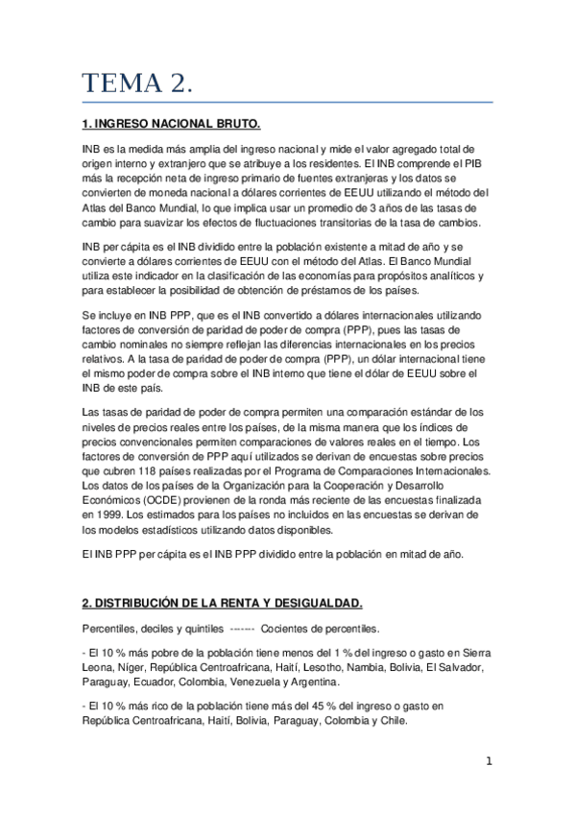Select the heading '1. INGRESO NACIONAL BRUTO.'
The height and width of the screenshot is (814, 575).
click(x=171, y=126)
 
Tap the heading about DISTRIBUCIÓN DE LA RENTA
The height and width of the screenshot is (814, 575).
click(x=222, y=603)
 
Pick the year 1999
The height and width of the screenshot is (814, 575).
click(x=107, y=515)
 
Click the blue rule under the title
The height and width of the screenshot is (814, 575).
click(x=287, y=102)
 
